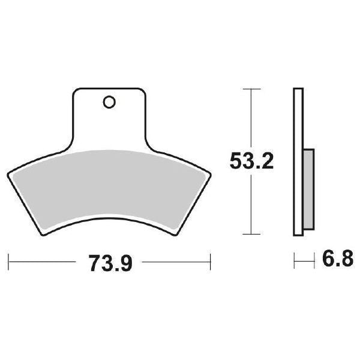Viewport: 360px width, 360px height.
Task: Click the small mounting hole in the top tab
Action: [109, 103]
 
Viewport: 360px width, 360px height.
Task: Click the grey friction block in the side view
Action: [308, 190]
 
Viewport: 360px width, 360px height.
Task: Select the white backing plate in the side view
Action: [297, 162]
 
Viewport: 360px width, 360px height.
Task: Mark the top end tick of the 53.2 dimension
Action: [251, 89]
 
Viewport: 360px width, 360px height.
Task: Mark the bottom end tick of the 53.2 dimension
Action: [251, 234]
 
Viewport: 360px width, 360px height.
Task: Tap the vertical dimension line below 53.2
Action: [251, 204]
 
